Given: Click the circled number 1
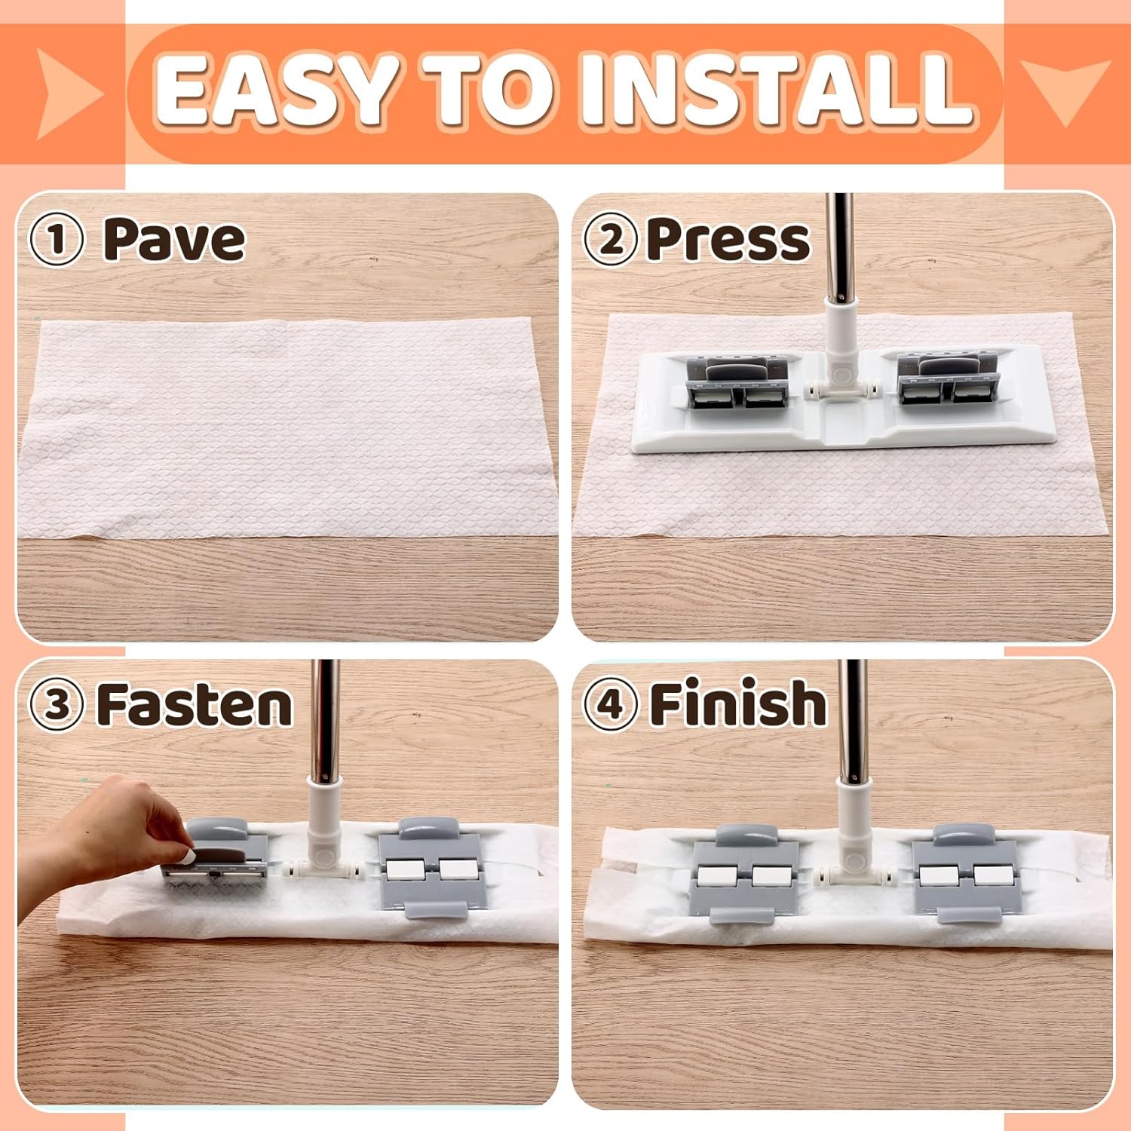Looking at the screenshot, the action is [56, 240].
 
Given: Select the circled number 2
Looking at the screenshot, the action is [611, 240].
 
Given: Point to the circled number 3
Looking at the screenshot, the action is [56, 705].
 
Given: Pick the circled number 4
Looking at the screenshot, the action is [611, 705].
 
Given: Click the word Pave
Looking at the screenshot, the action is [174, 240].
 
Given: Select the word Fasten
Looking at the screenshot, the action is [195, 704].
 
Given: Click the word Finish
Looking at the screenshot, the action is [738, 703].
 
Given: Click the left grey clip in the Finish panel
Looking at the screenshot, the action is [745, 875].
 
